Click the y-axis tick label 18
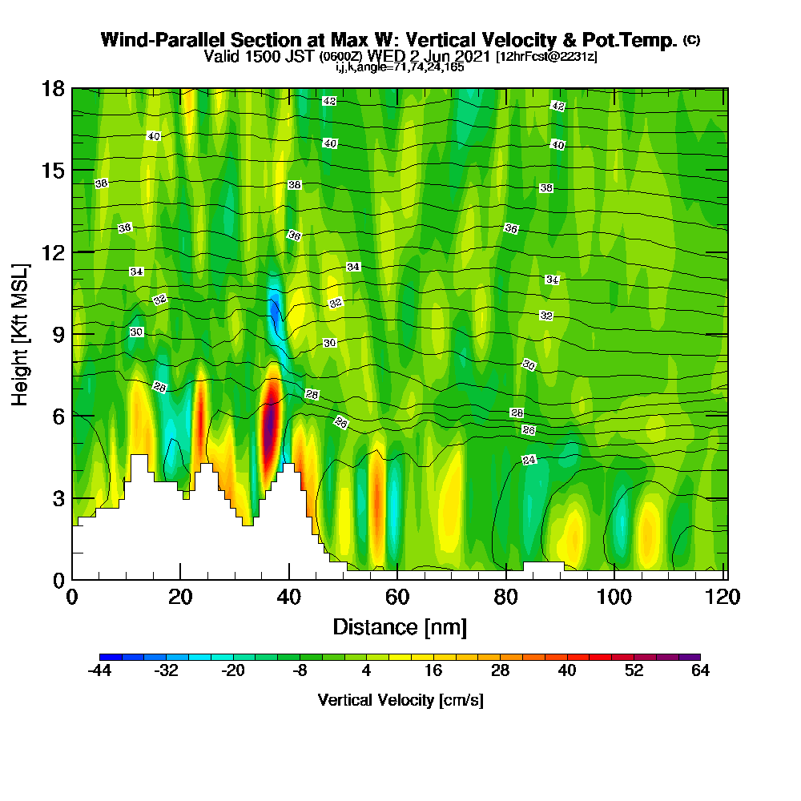coord(53,89)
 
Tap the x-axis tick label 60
coord(397,597)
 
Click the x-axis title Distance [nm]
coord(400,627)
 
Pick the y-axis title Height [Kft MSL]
coord(20,335)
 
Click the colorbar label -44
coord(99,670)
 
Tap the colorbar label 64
coord(700,670)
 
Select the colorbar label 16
coord(433,670)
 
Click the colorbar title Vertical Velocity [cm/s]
coord(400,700)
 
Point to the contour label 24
coord(529,460)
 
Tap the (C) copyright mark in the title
coord(692,39)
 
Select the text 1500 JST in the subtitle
coord(280,56)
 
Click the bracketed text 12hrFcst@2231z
coord(546,56)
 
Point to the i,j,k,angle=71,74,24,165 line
coord(400,67)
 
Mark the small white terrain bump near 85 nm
coord(544,566)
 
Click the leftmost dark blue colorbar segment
coord(111,657)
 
